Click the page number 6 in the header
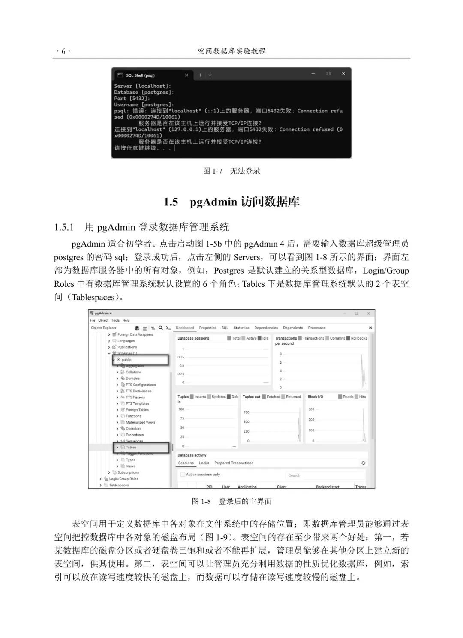(63, 51)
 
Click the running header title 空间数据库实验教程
(231, 51)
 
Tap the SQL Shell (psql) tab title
(140, 75)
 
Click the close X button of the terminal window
(343, 74)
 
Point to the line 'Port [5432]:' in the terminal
(132, 99)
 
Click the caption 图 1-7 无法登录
(231, 171)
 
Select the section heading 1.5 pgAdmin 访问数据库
(231, 202)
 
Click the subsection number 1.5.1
(64, 227)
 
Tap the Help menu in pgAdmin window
(126, 320)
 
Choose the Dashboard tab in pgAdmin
(185, 328)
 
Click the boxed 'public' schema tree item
(126, 360)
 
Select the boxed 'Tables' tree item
(131, 448)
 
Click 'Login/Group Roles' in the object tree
(123, 479)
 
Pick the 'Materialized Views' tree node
(141, 422)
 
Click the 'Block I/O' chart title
(315, 397)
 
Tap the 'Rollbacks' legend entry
(359, 338)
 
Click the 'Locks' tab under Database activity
(204, 463)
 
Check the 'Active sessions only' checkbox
(183, 475)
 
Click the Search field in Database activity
(325, 475)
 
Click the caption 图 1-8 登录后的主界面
(231, 502)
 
